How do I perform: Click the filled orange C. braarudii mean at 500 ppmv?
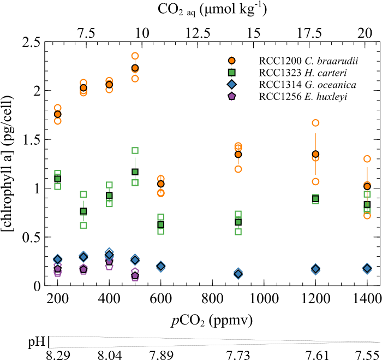click(x=135, y=68)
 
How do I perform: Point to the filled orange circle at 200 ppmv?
click(x=58, y=114)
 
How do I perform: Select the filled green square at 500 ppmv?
click(x=135, y=172)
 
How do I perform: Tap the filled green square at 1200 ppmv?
click(x=315, y=198)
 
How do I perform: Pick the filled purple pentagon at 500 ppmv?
click(x=135, y=276)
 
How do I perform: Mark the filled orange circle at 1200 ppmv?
click(x=315, y=154)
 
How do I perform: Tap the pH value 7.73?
click(x=238, y=353)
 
